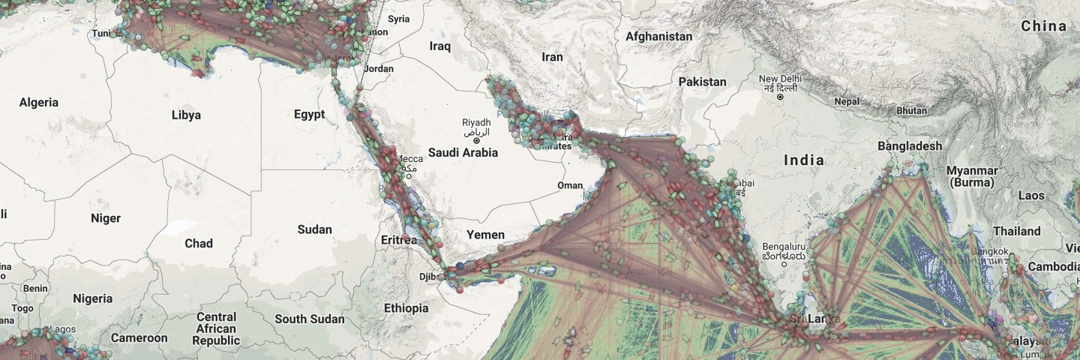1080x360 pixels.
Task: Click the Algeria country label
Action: (x=38, y=102)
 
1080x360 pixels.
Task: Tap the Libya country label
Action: (x=186, y=115)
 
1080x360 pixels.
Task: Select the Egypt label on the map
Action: (x=309, y=114)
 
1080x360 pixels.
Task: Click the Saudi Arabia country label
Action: (x=463, y=152)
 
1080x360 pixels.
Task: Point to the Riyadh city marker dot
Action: (x=475, y=140)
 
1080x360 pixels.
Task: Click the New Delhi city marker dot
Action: (x=781, y=97)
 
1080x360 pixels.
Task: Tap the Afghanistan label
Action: (x=658, y=36)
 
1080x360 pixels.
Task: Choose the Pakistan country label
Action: (x=702, y=81)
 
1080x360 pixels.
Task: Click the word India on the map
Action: (x=804, y=160)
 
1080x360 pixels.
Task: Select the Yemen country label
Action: (x=485, y=235)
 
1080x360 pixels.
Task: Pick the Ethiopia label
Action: (x=406, y=307)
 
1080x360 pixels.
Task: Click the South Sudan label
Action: (x=309, y=319)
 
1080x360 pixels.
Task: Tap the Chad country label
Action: (x=199, y=243)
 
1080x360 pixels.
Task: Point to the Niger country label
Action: (x=105, y=218)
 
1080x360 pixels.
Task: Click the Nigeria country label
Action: (x=92, y=298)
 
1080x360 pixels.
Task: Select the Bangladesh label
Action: (x=910, y=145)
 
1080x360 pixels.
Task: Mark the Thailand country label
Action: (x=1017, y=231)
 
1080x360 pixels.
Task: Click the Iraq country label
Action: (x=439, y=46)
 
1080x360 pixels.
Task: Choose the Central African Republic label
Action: (x=216, y=328)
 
